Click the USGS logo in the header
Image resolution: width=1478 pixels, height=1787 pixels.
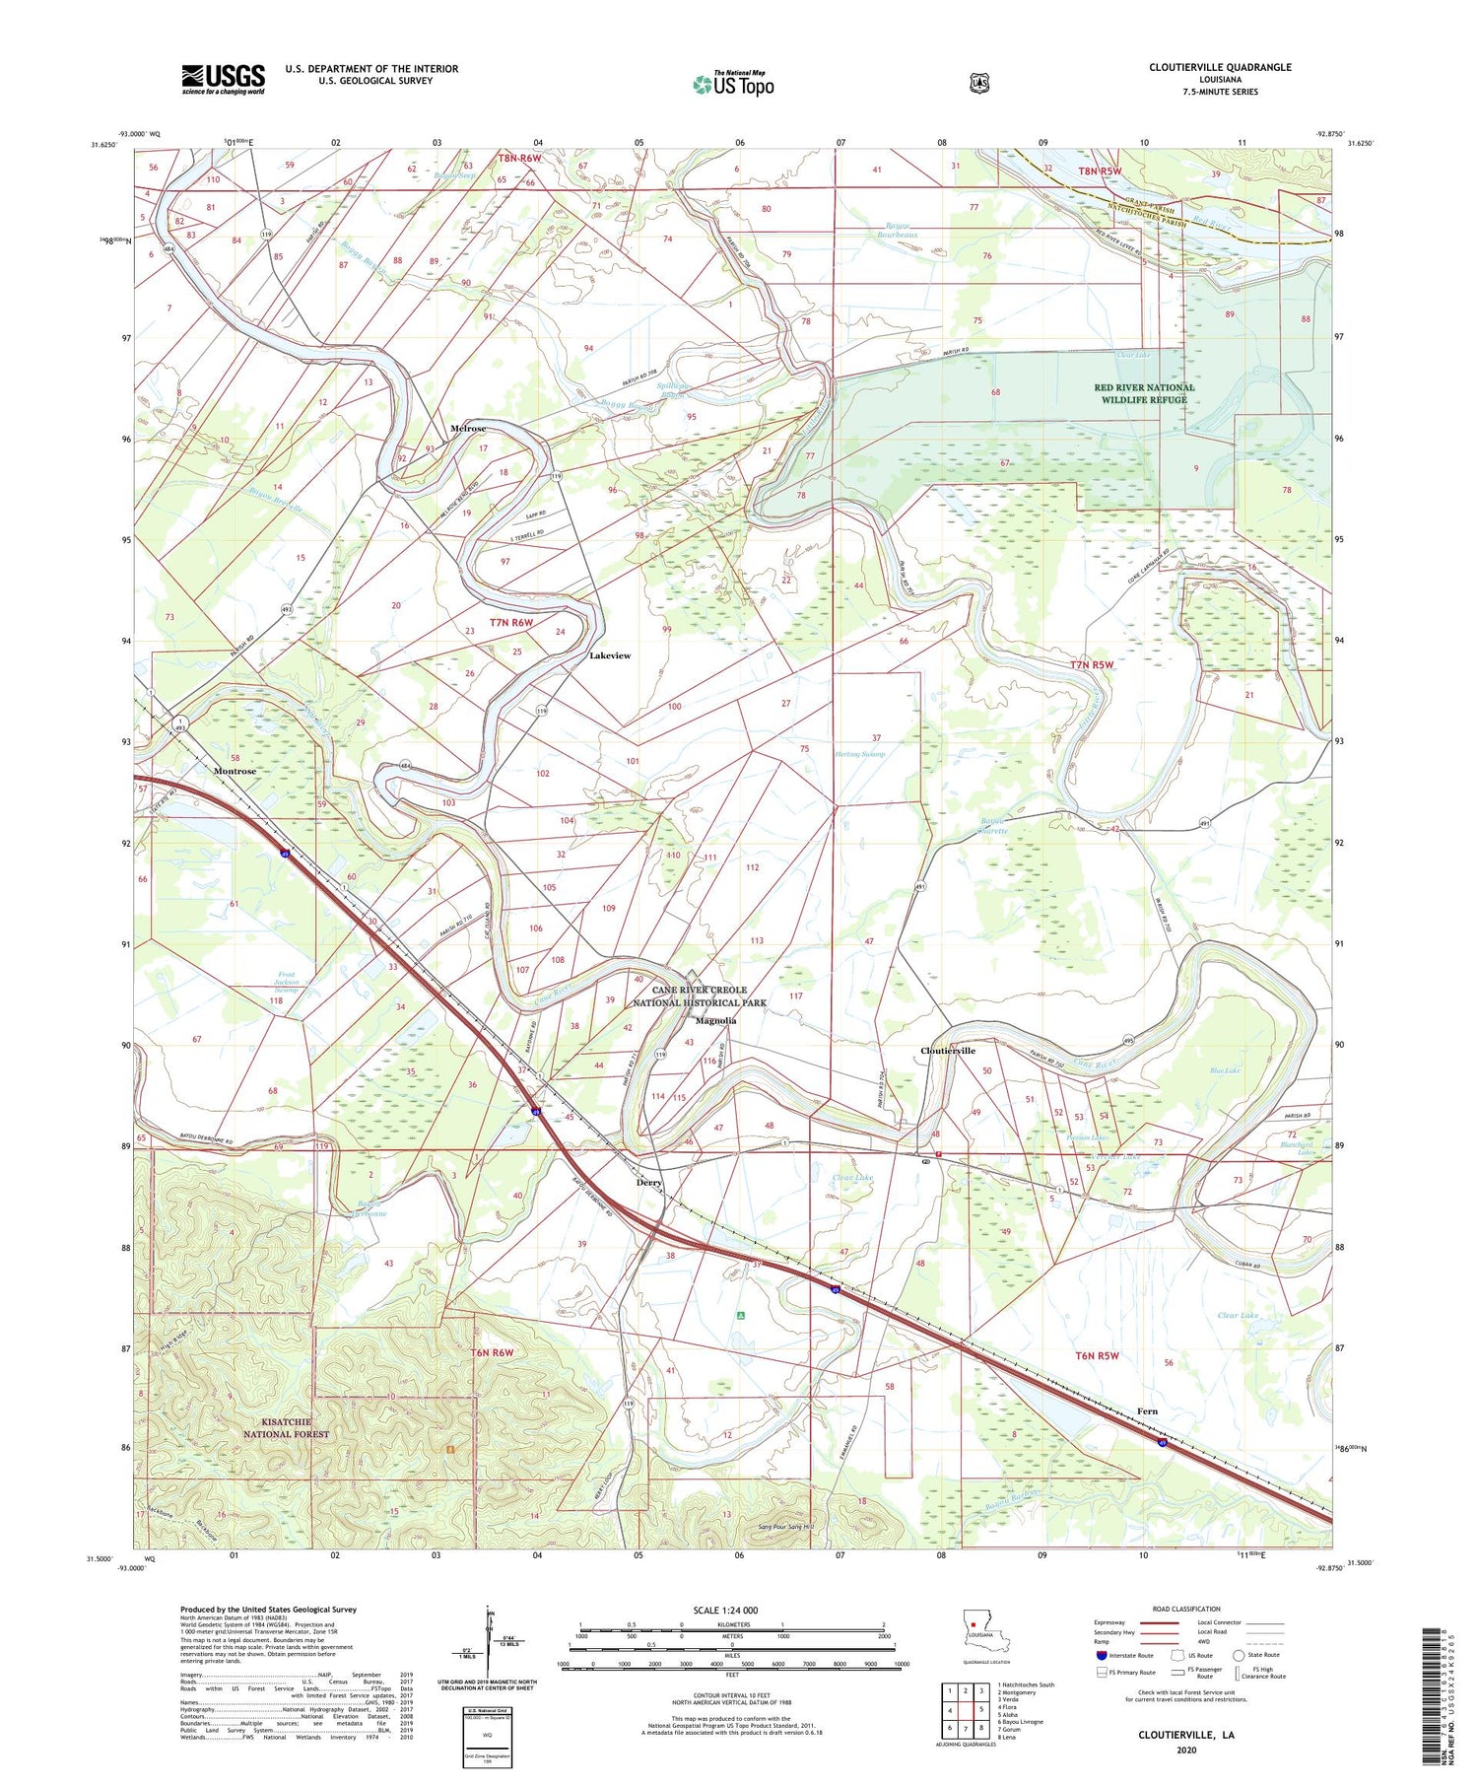tap(223, 79)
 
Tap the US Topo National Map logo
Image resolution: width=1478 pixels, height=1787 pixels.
tap(733, 84)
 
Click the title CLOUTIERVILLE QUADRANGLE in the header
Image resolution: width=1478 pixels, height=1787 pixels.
tap(1220, 67)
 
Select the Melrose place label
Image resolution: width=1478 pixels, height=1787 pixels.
tap(468, 429)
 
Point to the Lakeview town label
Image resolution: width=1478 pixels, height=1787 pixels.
tap(610, 655)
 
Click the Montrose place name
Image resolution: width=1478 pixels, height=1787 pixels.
tap(235, 771)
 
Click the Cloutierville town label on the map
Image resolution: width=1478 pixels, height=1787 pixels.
tap(948, 1051)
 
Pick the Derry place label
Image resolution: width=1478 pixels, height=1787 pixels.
tap(649, 1182)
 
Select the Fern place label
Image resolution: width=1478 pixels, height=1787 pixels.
tap(1147, 1411)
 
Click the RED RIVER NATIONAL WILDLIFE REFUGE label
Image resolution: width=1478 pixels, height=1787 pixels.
tap(1144, 393)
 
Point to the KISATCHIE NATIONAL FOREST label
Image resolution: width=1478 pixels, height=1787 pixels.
tap(287, 1427)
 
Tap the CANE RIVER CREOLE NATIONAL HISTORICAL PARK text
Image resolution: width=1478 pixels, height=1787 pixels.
tap(699, 996)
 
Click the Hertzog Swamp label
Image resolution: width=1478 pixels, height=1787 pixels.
tap(860, 754)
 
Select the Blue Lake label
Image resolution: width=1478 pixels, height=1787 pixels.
tap(1225, 1069)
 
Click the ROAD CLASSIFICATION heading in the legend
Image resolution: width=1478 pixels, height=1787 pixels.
tap(1186, 1609)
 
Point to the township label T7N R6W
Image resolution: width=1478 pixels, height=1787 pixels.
tap(511, 622)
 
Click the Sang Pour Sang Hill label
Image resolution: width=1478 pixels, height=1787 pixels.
tap(786, 1527)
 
